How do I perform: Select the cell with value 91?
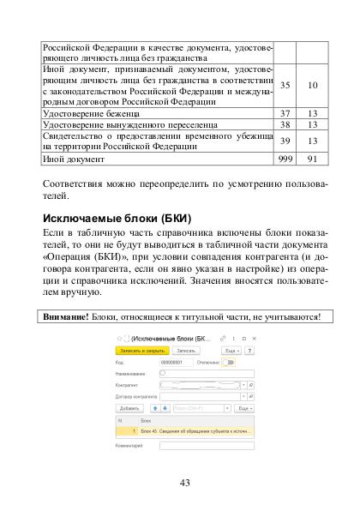point(313,158)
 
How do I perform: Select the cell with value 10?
point(313,85)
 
